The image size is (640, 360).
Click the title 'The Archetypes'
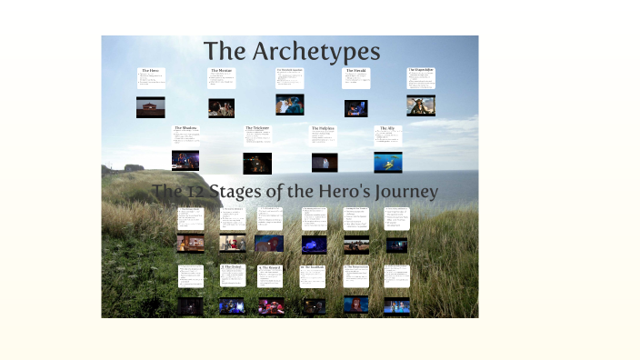[x=291, y=51]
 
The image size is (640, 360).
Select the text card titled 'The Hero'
[x=151, y=78]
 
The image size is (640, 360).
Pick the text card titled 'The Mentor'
[x=221, y=79]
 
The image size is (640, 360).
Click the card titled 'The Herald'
[x=355, y=79]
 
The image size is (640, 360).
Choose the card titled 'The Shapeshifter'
[x=421, y=78]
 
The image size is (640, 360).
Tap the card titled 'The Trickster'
[x=257, y=135]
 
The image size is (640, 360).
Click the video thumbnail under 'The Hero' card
[x=151, y=107]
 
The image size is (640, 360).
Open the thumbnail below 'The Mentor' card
[x=221, y=108]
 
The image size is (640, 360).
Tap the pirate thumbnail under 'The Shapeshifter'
[x=421, y=105]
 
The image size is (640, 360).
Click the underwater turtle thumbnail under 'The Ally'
[x=387, y=162]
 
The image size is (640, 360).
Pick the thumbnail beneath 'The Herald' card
[x=355, y=108]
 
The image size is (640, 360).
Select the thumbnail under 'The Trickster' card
[x=257, y=163]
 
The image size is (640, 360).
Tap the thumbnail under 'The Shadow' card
[x=185, y=161]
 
